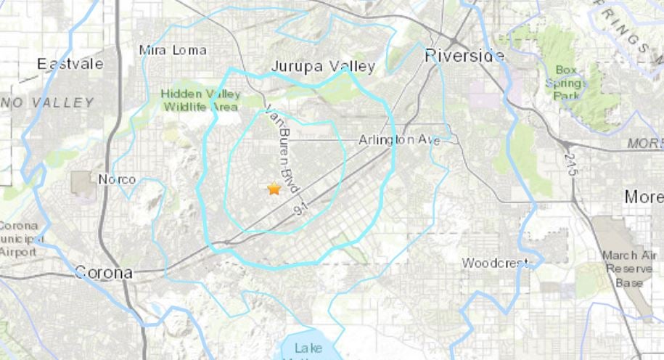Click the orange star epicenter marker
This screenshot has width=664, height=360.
click(274, 189)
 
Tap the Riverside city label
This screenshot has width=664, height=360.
click(464, 55)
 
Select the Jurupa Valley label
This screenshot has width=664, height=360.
click(323, 67)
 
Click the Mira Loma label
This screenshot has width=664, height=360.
click(173, 50)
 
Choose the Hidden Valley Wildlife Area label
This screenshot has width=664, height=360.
click(200, 100)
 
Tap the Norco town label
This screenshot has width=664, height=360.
click(118, 179)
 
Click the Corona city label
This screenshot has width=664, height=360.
click(104, 273)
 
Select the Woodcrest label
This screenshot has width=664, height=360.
click(493, 263)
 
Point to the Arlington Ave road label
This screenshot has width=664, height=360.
click(399, 140)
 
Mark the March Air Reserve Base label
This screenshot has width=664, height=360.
click(623, 269)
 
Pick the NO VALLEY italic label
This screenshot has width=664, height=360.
click(47, 103)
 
